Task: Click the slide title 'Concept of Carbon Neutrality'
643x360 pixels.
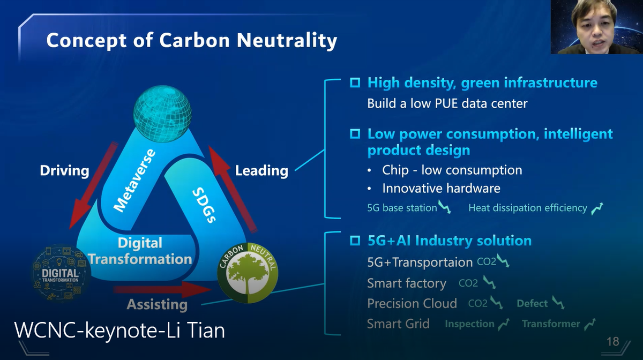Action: tap(191, 41)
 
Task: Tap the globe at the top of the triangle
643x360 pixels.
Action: tap(162, 114)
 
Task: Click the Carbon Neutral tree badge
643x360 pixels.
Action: tap(248, 273)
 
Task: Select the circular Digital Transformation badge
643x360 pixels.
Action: tap(61, 274)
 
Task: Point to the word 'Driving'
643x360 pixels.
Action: tap(65, 170)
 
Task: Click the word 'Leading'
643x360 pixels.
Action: tap(261, 170)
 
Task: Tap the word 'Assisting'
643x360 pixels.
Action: tap(157, 304)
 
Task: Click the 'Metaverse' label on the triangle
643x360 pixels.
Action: tap(134, 181)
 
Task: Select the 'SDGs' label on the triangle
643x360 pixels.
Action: tap(204, 205)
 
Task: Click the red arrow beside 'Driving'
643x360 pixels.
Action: tap(94, 185)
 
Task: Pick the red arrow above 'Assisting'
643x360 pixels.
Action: tap(162, 290)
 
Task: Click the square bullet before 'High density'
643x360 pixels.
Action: tap(355, 82)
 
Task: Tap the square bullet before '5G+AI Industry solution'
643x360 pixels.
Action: tap(355, 241)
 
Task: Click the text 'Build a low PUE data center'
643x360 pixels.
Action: tap(447, 103)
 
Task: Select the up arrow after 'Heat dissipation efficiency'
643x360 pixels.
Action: tap(597, 209)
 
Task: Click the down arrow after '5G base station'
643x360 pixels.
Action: tap(444, 207)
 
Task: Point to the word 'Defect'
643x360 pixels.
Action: tap(532, 303)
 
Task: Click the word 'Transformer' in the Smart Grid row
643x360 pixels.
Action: tap(551, 324)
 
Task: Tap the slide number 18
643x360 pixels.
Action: tap(613, 342)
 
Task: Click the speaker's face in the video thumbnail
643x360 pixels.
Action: tap(594, 30)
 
